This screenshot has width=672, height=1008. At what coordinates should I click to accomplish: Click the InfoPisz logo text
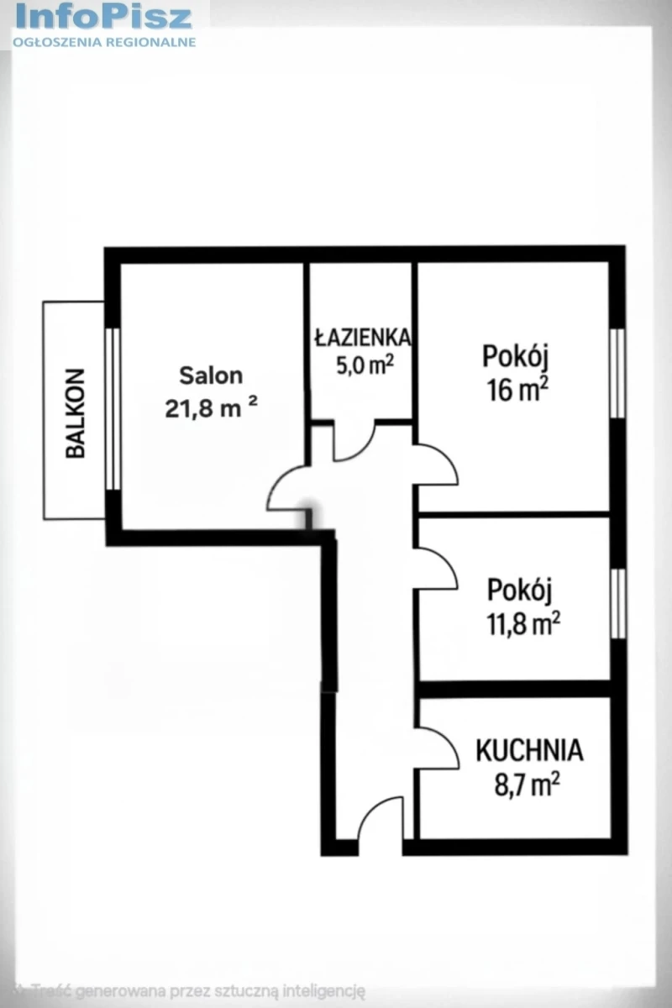click(104, 17)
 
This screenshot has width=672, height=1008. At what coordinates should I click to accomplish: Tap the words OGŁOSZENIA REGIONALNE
click(104, 42)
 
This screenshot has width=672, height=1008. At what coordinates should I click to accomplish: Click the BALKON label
click(75, 413)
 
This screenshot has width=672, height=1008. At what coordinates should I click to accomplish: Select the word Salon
click(211, 375)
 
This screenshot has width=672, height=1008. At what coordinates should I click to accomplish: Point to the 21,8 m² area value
click(211, 408)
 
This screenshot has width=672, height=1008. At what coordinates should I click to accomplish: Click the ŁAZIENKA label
click(362, 338)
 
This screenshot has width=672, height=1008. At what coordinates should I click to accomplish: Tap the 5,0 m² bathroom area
click(365, 365)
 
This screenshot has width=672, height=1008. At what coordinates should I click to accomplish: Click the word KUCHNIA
click(530, 751)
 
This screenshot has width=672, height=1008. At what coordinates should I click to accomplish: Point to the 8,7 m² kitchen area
click(527, 785)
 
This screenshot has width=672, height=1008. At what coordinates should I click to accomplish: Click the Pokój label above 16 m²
click(516, 356)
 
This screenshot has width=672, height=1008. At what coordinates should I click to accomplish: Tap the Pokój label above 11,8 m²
click(519, 590)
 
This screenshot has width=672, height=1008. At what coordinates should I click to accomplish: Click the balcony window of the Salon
click(115, 409)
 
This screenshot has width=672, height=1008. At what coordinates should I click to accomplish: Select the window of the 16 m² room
click(618, 374)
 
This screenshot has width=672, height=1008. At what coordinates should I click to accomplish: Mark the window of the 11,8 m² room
click(619, 603)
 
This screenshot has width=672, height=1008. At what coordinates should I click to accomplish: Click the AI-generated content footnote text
click(189, 990)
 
